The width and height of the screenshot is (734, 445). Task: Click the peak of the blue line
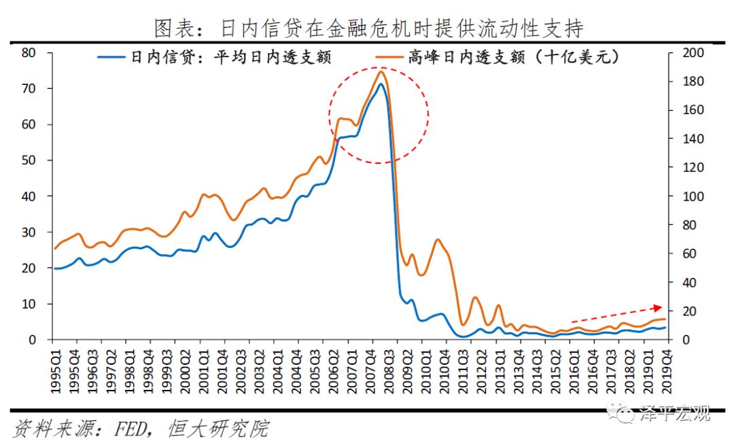[x=381, y=84]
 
